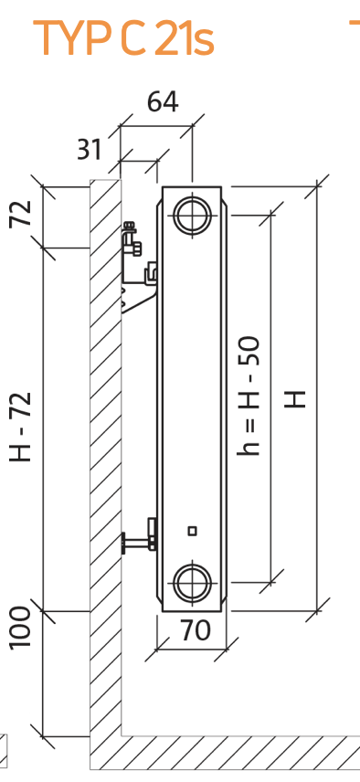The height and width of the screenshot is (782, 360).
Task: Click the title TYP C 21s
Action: pos(123,37)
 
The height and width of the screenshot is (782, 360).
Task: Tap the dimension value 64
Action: pos(163,101)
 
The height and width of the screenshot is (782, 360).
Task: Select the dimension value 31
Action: pos(90,149)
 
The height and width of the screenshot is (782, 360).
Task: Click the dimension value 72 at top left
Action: pos(21,214)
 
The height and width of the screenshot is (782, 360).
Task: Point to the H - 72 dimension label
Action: pos(21,427)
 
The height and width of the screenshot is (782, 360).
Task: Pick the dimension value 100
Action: pos(21,628)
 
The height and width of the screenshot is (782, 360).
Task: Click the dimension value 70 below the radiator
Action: pos(196,630)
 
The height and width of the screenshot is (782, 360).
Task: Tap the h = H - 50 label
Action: pos(249,396)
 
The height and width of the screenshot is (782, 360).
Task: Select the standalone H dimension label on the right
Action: pos(295,399)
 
